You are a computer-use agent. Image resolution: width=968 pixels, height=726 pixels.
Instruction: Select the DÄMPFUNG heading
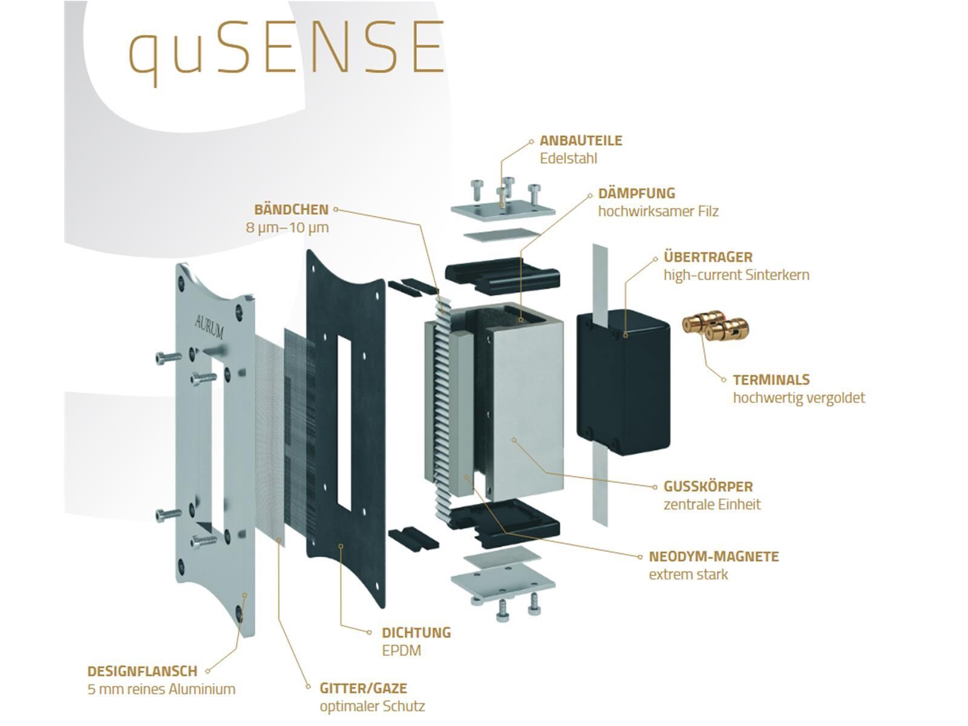pyautogui.click(x=636, y=194)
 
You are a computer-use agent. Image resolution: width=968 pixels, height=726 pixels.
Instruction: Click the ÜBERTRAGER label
pyautogui.click(x=708, y=257)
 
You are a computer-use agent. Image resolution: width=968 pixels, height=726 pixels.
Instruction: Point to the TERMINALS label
pyautogui.click(x=771, y=380)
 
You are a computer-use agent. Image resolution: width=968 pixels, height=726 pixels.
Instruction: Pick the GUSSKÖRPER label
pyautogui.click(x=708, y=486)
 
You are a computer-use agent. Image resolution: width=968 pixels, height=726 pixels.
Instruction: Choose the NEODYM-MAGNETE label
pyautogui.click(x=713, y=557)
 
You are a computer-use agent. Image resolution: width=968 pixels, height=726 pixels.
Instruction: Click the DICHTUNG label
pyautogui.click(x=416, y=633)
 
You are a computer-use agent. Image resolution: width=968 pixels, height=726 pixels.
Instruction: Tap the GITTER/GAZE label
pyautogui.click(x=363, y=688)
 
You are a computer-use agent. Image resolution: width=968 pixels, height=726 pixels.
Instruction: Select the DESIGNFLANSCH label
pyautogui.click(x=142, y=671)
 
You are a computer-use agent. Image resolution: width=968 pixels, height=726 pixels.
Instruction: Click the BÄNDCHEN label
pyautogui.click(x=291, y=210)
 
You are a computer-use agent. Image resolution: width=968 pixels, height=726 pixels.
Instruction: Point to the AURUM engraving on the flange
pyautogui.click(x=209, y=326)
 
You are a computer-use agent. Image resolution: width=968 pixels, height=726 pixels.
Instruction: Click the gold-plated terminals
pyautogui.click(x=716, y=327)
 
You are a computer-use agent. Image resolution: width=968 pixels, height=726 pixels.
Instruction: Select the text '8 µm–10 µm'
pyautogui.click(x=287, y=228)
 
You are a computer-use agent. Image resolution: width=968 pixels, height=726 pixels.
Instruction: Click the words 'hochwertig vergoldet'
pyautogui.click(x=799, y=398)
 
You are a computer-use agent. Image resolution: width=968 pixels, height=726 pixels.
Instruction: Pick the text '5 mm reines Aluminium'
pyautogui.click(x=161, y=689)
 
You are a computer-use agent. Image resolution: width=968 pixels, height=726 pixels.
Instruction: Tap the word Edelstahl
pyautogui.click(x=568, y=159)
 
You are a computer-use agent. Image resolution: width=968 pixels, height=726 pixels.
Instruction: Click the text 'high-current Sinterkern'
pyautogui.click(x=736, y=275)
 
